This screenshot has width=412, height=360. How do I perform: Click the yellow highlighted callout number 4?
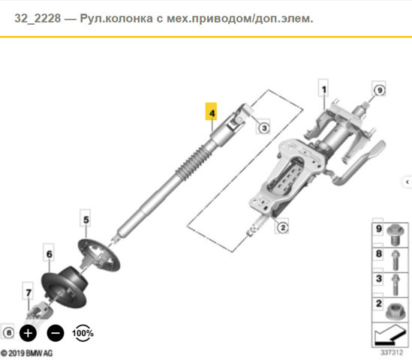211,111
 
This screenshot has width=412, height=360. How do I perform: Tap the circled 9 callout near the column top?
379,90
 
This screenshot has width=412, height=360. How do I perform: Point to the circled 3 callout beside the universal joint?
263,128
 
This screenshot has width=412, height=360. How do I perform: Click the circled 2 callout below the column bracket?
282,227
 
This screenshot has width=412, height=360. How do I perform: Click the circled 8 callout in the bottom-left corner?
9,333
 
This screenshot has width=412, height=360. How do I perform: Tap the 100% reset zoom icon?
83,333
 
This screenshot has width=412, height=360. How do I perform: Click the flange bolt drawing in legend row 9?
395,234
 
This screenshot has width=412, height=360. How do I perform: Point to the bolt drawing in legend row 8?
395,260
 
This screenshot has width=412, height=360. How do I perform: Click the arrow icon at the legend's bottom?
390,334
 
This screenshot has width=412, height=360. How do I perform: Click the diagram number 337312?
391,352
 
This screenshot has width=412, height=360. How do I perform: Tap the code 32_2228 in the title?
38,19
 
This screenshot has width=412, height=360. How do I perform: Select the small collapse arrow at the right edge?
407,181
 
